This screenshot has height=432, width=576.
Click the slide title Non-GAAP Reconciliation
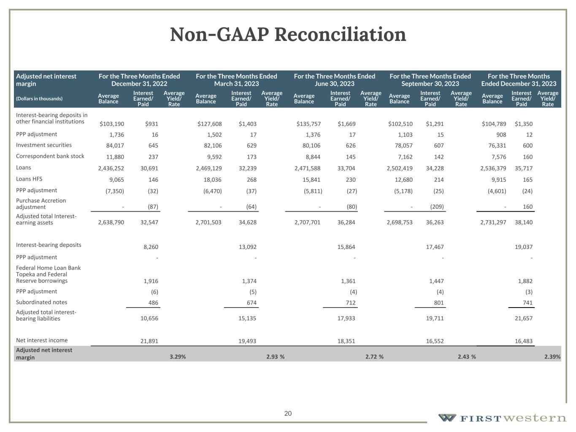point(288,35)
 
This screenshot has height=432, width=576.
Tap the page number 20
point(288,413)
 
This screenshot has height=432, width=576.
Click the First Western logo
point(502,418)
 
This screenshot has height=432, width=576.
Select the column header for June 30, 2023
point(334,80)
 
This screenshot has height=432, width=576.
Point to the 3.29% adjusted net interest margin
point(178,356)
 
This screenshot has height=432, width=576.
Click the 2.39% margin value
point(552,356)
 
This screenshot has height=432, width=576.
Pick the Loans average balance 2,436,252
point(111,168)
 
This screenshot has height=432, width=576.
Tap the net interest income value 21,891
point(149,341)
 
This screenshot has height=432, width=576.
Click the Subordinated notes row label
point(41,302)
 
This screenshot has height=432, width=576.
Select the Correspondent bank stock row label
point(50,156)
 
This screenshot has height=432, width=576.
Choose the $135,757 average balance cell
point(308,124)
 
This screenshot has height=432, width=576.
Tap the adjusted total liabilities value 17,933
point(346,318)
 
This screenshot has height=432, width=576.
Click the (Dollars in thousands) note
point(39,99)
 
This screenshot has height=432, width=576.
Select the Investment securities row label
point(44,145)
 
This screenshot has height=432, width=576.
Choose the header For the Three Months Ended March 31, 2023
point(236,80)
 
